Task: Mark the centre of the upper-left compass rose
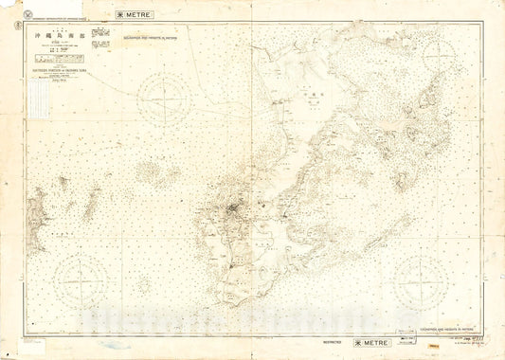coord(165,99)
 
